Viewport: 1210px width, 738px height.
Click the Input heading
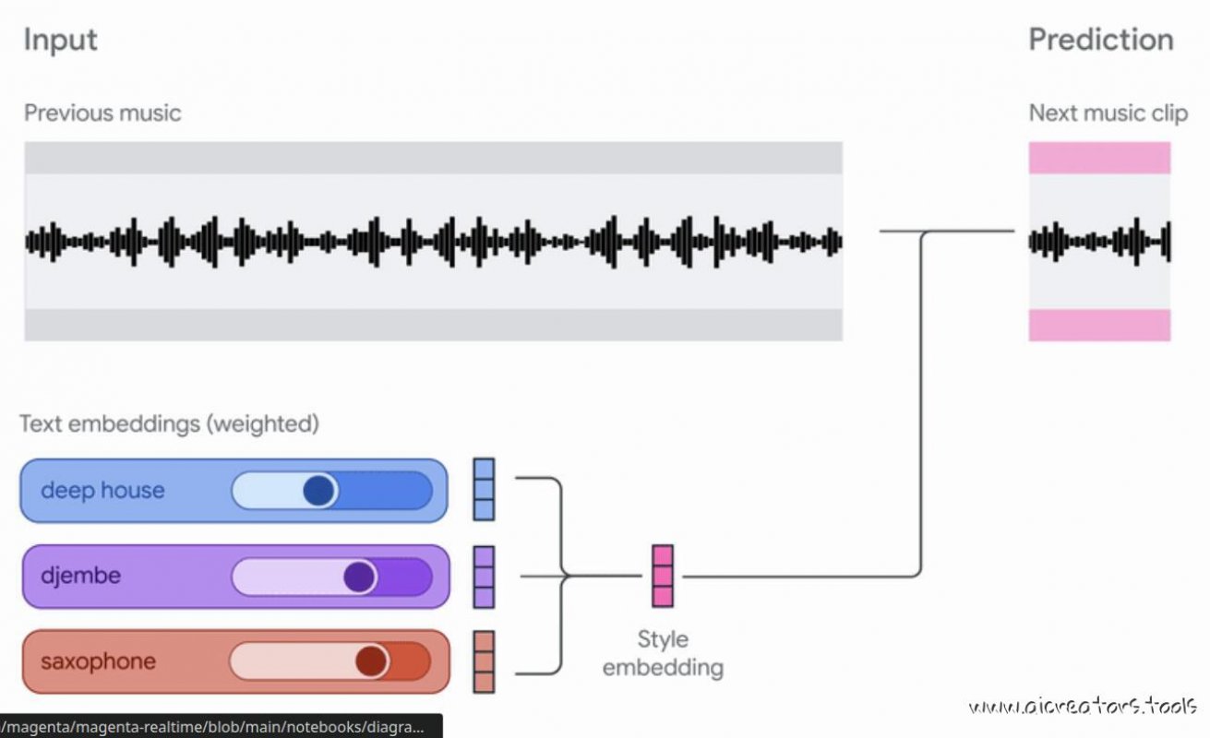pyautogui.click(x=60, y=40)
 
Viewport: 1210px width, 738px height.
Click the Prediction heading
pyautogui.click(x=1100, y=40)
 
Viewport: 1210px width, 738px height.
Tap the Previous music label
pyautogui.click(x=102, y=113)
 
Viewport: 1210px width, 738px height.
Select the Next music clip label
pyautogui.click(x=1108, y=113)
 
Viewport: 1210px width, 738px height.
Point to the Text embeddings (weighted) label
pyautogui.click(x=169, y=424)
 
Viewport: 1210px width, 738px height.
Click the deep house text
pyautogui.click(x=102, y=490)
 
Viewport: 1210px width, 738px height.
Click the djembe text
pyautogui.click(x=80, y=576)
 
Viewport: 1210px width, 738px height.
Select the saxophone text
pyautogui.click(x=98, y=661)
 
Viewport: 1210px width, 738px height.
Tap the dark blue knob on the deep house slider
pyautogui.click(x=319, y=491)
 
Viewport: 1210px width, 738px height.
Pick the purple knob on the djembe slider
pyautogui.click(x=359, y=577)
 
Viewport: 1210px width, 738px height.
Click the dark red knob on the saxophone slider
pyautogui.click(x=371, y=661)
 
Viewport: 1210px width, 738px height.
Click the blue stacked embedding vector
pyautogui.click(x=484, y=489)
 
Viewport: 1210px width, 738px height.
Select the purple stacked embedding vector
pyautogui.click(x=484, y=577)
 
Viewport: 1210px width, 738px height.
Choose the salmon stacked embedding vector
pyautogui.click(x=484, y=662)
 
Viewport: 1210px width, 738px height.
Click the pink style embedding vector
pyautogui.click(x=662, y=576)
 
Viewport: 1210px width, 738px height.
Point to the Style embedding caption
pyautogui.click(x=663, y=653)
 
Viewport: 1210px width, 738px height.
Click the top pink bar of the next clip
pyautogui.click(x=1099, y=158)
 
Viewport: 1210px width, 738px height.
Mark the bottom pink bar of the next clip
pyautogui.click(x=1099, y=325)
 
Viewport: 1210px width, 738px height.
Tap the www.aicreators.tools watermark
pyautogui.click(x=1083, y=708)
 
